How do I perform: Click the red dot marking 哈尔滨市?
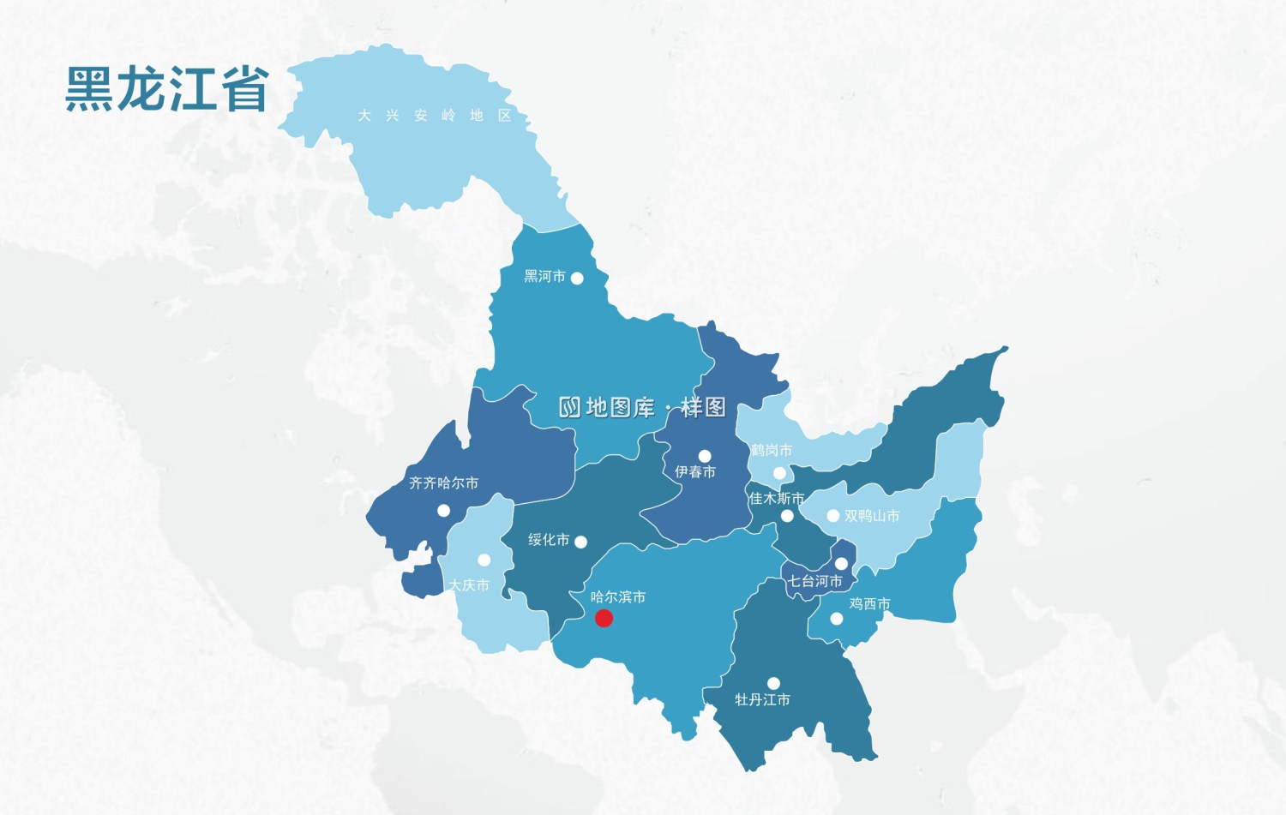tap(604, 618)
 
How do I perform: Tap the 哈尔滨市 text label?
tap(618, 596)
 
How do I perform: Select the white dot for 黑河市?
tap(577, 279)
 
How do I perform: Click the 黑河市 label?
tap(544, 276)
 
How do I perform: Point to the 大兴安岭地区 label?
tap(435, 116)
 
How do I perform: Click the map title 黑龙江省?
tap(167, 89)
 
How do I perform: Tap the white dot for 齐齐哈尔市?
tap(443, 511)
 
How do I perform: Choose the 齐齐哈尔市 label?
tap(443, 483)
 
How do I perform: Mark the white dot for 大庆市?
tap(484, 560)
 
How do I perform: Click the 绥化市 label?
tap(549, 539)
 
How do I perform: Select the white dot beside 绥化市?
tap(580, 542)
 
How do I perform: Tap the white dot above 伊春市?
tap(705, 456)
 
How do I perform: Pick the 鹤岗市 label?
tap(772, 450)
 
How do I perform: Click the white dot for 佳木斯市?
tap(787, 515)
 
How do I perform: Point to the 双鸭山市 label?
tap(872, 515)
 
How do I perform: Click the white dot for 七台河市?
tap(841, 563)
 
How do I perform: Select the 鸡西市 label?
tap(869, 603)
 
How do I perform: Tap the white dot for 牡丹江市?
tap(773, 683)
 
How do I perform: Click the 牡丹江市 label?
tap(762, 699)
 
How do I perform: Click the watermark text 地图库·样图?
tap(643, 407)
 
